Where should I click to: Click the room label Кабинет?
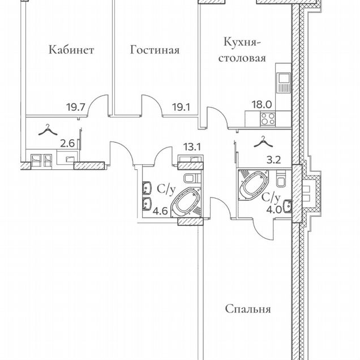coord(71,50)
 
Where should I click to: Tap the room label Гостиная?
coord(155,50)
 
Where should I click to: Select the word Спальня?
coord(248,309)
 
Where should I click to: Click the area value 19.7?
coord(76,107)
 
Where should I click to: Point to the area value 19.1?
coord(181,107)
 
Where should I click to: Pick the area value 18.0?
coord(262,105)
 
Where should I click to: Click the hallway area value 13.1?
coord(192,147)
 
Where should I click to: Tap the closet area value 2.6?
coord(67,144)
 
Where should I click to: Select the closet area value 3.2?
coord(274,160)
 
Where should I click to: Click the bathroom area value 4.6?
coord(160,211)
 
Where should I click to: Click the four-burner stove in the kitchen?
coord(268,118)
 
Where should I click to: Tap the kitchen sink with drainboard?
coord(283,83)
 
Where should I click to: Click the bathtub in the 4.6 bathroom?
coord(186,202)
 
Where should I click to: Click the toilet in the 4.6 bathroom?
coord(192,178)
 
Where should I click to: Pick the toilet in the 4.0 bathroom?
coord(281,179)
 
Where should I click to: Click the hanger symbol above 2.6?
coord(48,130)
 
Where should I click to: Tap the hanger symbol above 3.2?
coord(263,142)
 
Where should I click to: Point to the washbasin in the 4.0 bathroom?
coord(288,206)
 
